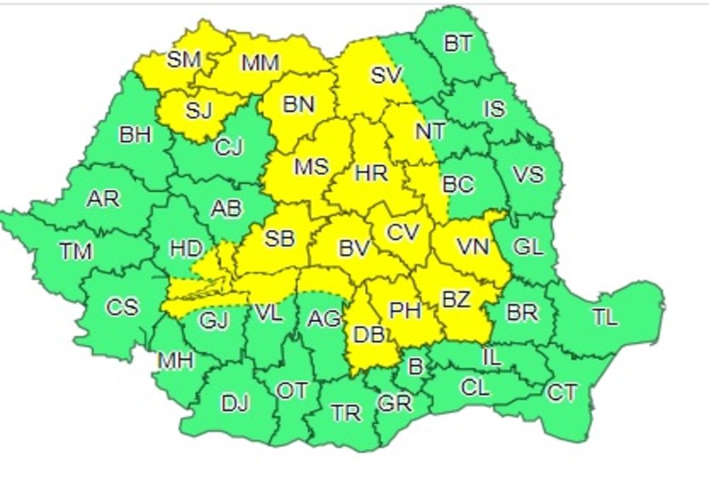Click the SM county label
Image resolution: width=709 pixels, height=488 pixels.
[184, 60]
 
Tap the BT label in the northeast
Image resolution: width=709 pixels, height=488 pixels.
[458, 43]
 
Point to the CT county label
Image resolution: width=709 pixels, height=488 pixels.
[562, 392]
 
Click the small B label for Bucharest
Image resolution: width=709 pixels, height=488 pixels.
[416, 367]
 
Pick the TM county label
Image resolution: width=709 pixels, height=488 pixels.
[76, 251]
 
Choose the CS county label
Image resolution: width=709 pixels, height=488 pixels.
[123, 307]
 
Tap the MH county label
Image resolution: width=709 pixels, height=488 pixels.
[176, 361]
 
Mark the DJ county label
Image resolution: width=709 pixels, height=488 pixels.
[235, 404]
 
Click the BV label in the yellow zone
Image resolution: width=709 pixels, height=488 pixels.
[355, 248]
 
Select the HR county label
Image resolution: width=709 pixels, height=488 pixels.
[371, 172]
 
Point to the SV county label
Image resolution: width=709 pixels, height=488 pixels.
[387, 75]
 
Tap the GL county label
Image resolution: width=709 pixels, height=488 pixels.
[528, 247]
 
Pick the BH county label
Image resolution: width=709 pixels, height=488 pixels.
[135, 134]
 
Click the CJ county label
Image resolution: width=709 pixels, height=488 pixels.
[229, 148]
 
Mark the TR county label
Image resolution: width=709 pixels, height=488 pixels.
[346, 413]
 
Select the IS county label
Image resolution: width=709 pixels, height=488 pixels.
[494, 109]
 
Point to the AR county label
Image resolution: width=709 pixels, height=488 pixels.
[103, 199]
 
